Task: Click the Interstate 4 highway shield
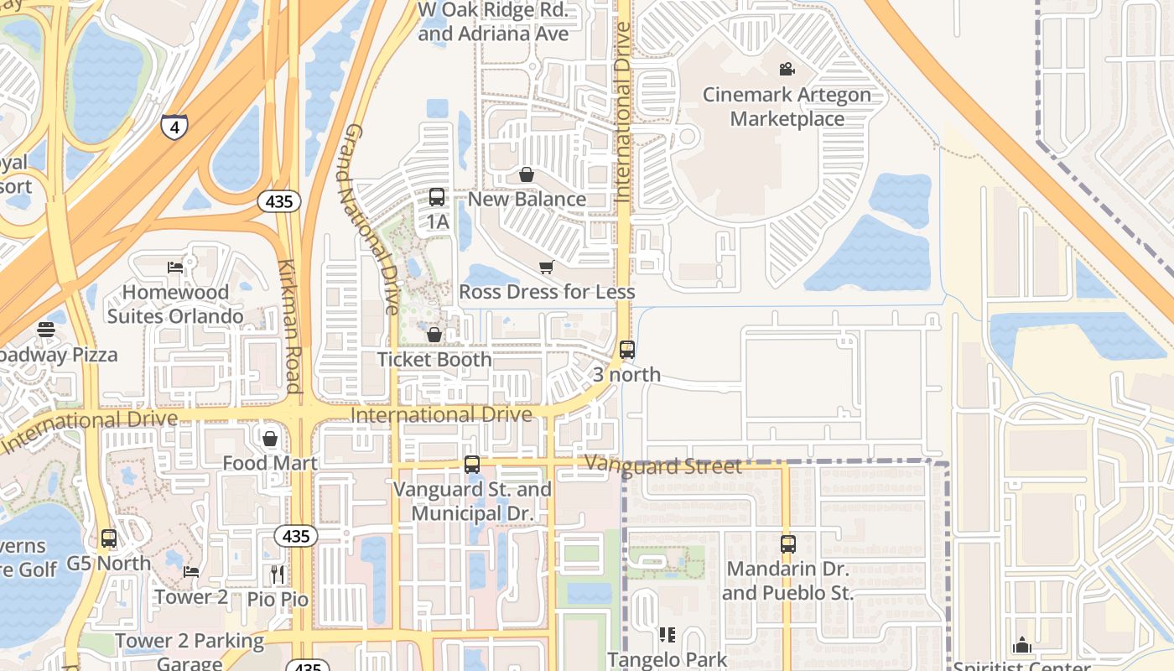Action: (x=174, y=127)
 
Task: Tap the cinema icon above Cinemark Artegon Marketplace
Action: (x=787, y=69)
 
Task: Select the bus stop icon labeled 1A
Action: (x=437, y=197)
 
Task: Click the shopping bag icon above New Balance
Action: (x=527, y=174)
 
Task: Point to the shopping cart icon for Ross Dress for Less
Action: (x=546, y=268)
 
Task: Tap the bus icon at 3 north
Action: (x=627, y=350)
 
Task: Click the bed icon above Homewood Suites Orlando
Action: (x=175, y=268)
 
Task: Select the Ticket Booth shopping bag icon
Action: (x=434, y=335)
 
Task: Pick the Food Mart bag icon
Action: (x=270, y=439)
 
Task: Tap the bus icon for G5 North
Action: (x=109, y=538)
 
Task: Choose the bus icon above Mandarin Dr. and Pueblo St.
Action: (x=787, y=544)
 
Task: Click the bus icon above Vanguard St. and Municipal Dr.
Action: (x=472, y=464)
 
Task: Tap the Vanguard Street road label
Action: (x=663, y=466)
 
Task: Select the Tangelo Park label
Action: (x=667, y=660)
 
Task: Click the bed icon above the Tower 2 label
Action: (x=191, y=572)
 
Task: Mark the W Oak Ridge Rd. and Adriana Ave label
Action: (x=493, y=23)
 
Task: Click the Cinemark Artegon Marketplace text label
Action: (x=787, y=107)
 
